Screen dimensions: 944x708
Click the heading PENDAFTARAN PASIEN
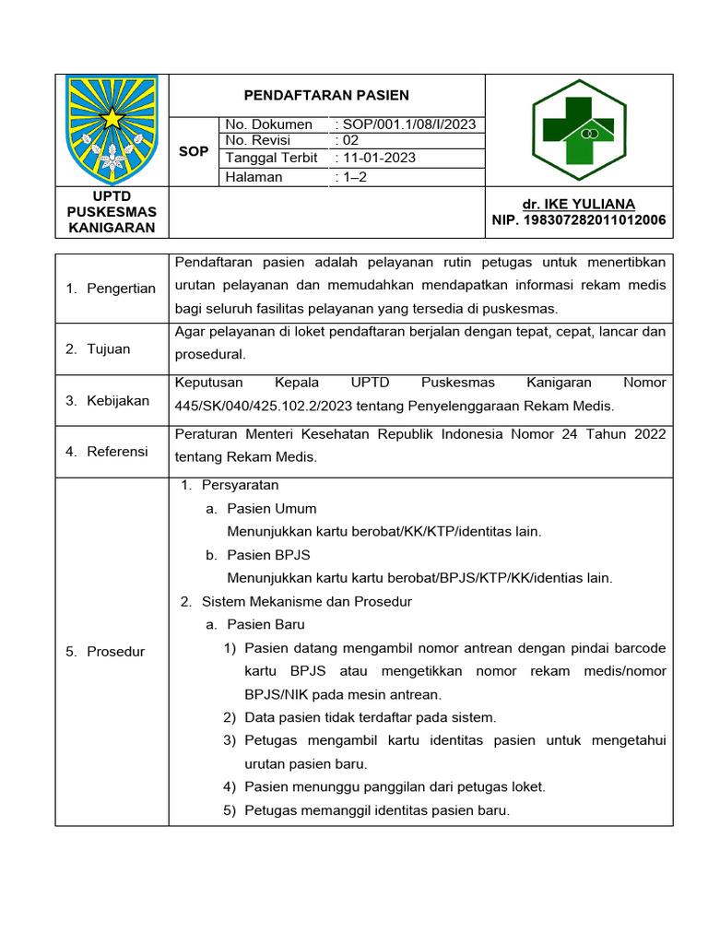(325, 95)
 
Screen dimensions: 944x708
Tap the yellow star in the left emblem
(112, 118)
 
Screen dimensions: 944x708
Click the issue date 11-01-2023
(378, 158)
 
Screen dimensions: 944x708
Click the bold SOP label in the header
(194, 151)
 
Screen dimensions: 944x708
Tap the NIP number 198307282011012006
(579, 220)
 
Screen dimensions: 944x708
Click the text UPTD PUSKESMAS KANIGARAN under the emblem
(112, 212)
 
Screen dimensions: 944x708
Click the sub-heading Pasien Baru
(265, 625)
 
